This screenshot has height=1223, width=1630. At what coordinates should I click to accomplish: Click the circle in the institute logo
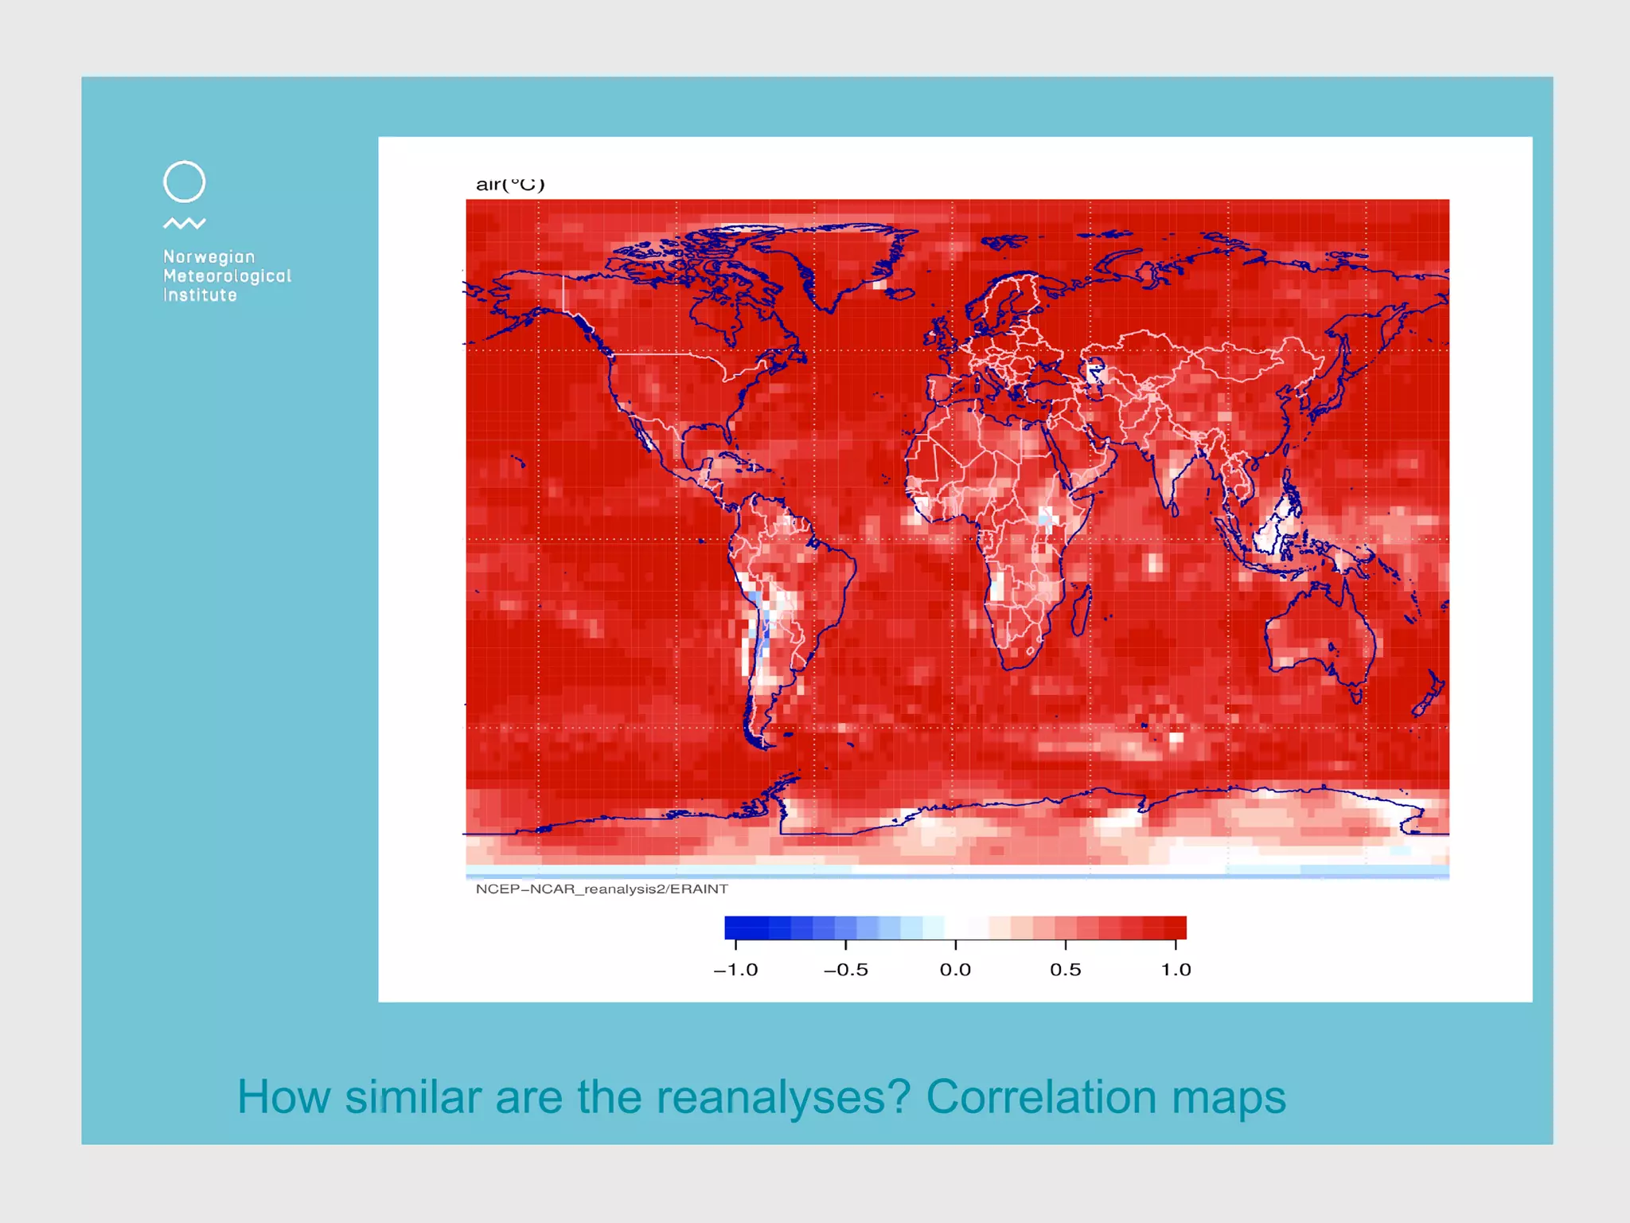pyautogui.click(x=184, y=182)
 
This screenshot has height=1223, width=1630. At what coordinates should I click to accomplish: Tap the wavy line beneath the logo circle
pyautogui.click(x=184, y=224)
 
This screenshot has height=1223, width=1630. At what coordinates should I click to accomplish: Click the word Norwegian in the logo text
pyautogui.click(x=209, y=257)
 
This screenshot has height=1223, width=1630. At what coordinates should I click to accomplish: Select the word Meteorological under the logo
pyautogui.click(x=227, y=276)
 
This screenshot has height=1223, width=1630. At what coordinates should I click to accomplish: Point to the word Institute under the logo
pyautogui.click(x=200, y=295)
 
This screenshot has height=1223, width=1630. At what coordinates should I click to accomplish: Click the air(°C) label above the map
pyautogui.click(x=510, y=185)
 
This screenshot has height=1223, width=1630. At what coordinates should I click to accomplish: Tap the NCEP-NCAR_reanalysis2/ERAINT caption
pyautogui.click(x=602, y=889)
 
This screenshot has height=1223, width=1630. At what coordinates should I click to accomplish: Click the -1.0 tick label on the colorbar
pyautogui.click(x=735, y=970)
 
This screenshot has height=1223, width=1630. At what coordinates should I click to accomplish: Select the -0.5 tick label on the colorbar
pyautogui.click(x=845, y=970)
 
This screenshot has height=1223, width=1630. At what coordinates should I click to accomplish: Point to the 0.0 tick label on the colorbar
pyautogui.click(x=955, y=970)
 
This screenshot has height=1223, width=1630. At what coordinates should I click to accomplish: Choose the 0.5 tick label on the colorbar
pyautogui.click(x=1065, y=970)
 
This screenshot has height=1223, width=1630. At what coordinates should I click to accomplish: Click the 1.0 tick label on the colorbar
pyautogui.click(x=1176, y=970)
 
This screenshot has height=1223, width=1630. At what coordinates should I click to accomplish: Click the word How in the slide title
pyautogui.click(x=283, y=1097)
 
